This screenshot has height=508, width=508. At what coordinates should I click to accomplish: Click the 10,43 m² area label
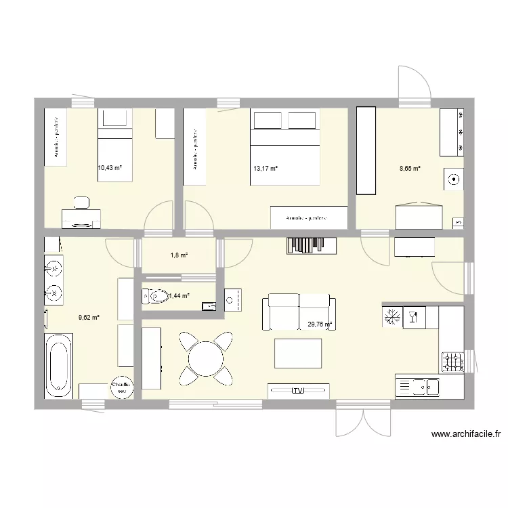click(x=109, y=168)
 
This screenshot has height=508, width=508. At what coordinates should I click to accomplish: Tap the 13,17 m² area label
click(x=265, y=169)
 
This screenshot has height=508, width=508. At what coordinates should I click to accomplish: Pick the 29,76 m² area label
click(x=320, y=324)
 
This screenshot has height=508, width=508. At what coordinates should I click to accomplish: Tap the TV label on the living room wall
click(x=299, y=391)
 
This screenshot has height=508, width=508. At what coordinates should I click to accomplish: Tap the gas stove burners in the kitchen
click(x=452, y=362)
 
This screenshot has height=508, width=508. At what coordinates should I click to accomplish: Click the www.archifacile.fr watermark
click(x=465, y=435)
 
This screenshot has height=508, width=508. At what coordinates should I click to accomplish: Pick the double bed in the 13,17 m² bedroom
click(x=284, y=146)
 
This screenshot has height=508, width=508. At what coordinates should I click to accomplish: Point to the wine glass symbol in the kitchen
click(x=412, y=318)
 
